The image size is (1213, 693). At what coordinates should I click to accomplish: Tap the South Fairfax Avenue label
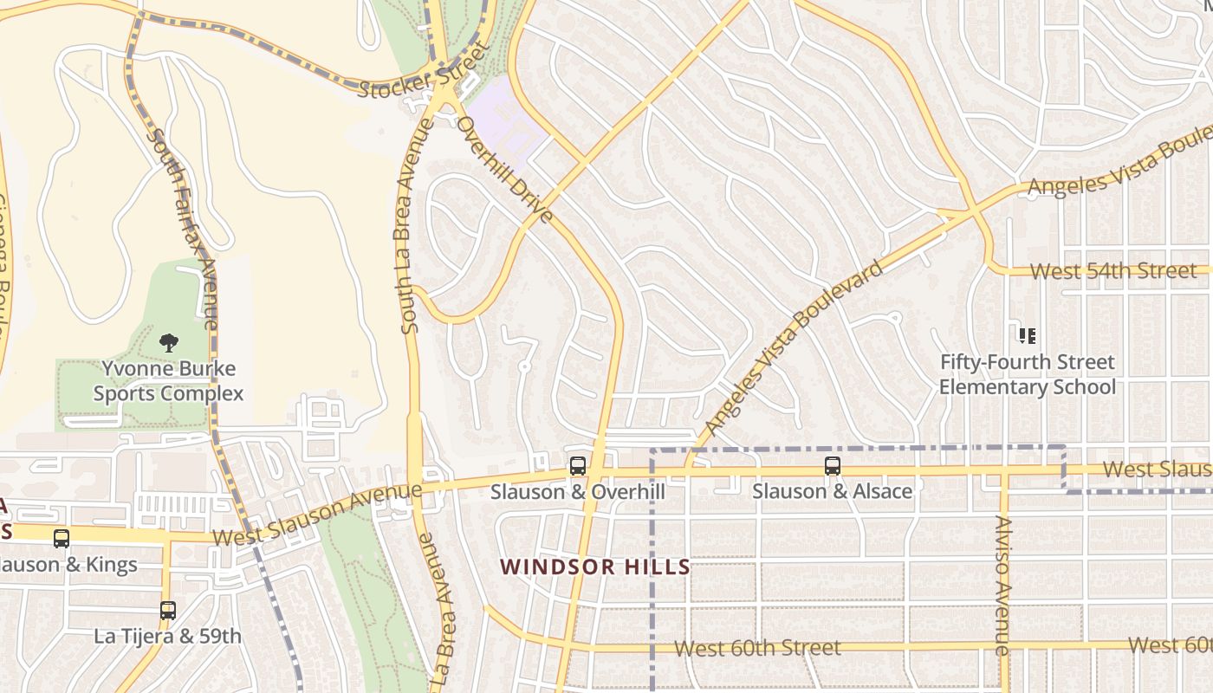tap(182, 229)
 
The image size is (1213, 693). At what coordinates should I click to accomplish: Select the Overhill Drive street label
tap(504, 170)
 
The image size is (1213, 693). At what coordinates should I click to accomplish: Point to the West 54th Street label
tap(1113, 271)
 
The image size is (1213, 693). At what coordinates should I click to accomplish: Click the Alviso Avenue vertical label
tap(1002, 585)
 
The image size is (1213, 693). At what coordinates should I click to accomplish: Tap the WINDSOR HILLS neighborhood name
tap(595, 567)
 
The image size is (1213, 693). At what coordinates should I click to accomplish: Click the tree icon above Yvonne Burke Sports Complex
tap(169, 342)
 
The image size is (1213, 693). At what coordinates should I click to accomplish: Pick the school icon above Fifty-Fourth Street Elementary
tap(1028, 335)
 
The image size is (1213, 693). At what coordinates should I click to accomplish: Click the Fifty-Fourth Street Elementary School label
tap(1028, 374)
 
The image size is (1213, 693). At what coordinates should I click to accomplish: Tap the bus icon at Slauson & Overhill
tap(577, 466)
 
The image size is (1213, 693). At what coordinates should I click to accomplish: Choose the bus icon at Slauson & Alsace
tap(832, 466)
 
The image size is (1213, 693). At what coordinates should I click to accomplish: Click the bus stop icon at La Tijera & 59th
tap(168, 610)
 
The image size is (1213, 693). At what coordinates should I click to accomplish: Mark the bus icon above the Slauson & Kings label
tap(62, 538)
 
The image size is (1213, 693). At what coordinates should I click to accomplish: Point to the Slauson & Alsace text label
tap(832, 491)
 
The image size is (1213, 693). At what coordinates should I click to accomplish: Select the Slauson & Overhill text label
tap(577, 492)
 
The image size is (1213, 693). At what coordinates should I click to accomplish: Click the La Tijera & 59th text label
tap(168, 636)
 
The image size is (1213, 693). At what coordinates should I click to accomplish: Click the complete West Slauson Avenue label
tap(317, 515)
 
